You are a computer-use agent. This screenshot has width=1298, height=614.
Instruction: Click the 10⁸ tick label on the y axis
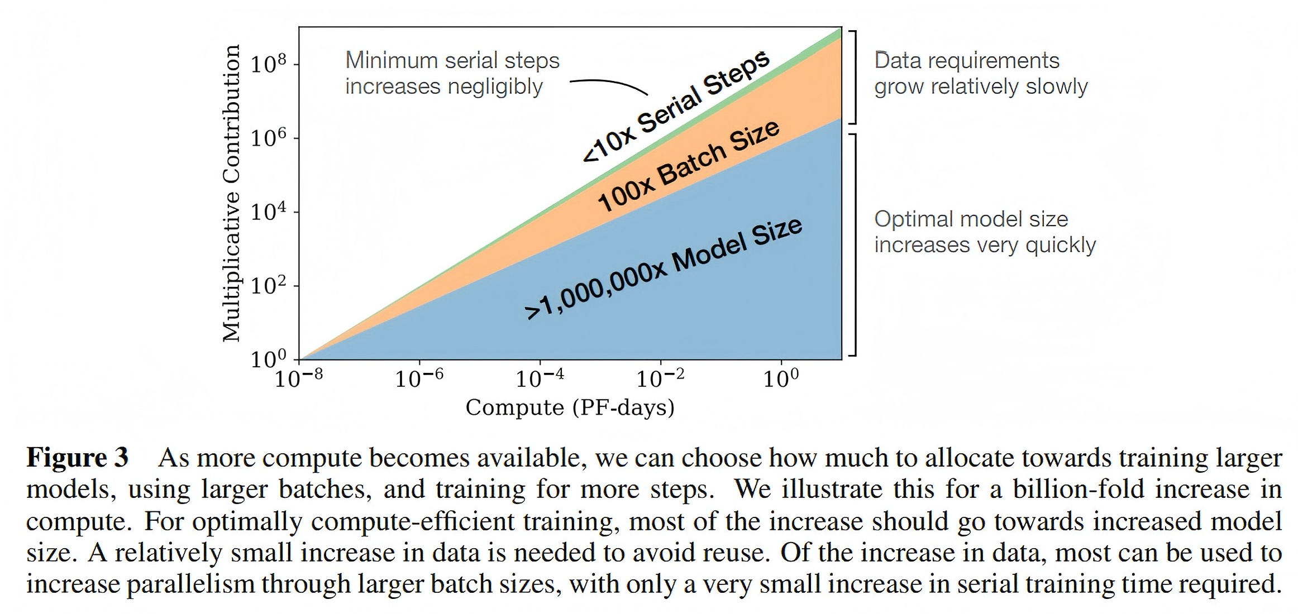[x=268, y=64]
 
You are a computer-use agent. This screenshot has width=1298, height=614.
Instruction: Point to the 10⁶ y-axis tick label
[x=268, y=137]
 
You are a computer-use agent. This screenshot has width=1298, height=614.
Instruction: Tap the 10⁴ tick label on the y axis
[x=268, y=212]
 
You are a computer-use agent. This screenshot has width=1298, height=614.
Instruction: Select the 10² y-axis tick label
[x=268, y=285]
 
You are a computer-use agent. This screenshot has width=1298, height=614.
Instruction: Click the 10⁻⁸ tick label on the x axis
[x=299, y=378]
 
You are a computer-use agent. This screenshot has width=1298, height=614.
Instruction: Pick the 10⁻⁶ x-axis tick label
[x=419, y=378]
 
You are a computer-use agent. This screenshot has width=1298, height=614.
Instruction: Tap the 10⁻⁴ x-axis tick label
[x=540, y=378]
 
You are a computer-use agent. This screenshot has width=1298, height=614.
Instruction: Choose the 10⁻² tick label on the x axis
[x=660, y=378]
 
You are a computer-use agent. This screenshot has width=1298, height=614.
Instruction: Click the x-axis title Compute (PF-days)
[x=570, y=407]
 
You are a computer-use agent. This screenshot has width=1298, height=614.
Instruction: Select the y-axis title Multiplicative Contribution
[x=231, y=193]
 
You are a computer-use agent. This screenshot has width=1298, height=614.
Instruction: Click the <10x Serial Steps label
[x=676, y=106]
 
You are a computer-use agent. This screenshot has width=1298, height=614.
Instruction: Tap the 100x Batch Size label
[x=689, y=166]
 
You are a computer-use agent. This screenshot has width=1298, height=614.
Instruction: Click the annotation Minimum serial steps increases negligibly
[x=452, y=73]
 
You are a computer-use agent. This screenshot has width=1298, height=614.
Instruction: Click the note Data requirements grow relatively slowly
[x=981, y=73]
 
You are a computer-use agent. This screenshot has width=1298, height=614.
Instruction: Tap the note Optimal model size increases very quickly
[x=985, y=232]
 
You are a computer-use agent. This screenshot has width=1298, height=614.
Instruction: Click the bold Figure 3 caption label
[x=78, y=457]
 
